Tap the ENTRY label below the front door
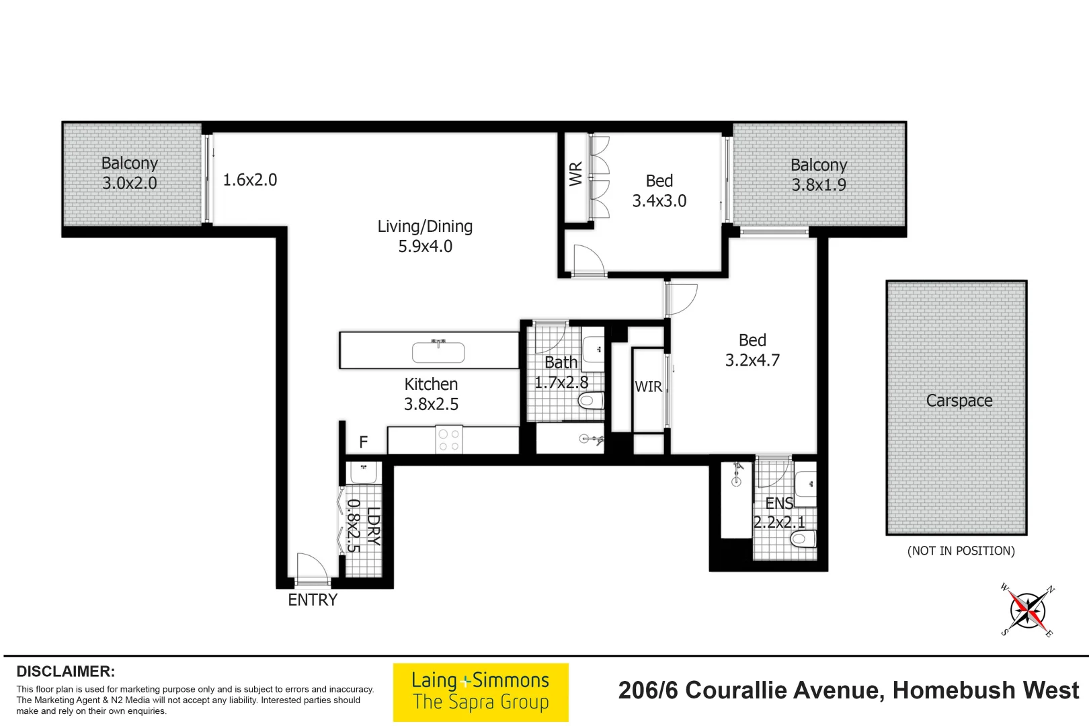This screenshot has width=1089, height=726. [313, 600]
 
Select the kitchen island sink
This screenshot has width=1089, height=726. [438, 351]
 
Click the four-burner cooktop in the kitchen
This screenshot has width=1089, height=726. [449, 440]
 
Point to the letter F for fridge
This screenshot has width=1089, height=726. [364, 442]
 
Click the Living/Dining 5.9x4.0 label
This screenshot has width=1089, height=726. [425, 236]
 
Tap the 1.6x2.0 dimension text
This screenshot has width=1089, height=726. [249, 179]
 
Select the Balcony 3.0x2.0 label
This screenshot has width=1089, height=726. [129, 173]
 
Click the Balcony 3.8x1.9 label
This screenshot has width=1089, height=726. [818, 175]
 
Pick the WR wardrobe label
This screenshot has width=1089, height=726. [576, 174]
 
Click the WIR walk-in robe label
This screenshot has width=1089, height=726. [648, 387]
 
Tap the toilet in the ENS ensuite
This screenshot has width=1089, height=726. [803, 538]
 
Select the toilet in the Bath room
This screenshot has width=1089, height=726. [591, 401]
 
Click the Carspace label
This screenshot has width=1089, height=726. [959, 401]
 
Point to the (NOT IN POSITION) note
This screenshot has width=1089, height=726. [961, 551]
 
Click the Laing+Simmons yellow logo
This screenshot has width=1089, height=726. [481, 692]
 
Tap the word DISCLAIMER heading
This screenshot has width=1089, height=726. [66, 672]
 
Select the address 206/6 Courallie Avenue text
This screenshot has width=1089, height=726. [848, 690]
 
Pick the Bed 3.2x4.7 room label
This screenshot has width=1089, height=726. [752, 350]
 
